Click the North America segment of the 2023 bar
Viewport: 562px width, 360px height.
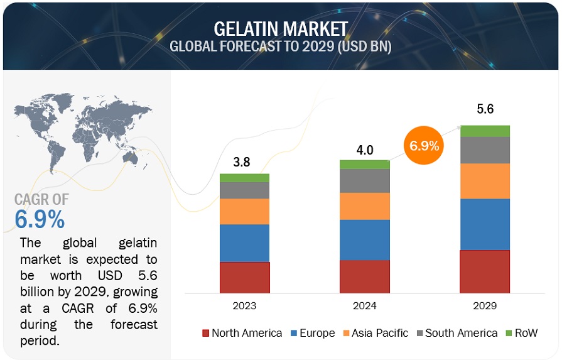pos(244,277)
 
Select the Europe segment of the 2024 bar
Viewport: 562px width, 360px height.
pos(364,239)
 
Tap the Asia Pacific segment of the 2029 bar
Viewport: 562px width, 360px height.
pos(485,181)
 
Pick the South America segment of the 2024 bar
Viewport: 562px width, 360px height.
pos(364,181)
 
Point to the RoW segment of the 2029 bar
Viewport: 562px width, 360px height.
pos(485,131)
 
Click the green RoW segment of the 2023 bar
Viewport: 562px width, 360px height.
pos(244,178)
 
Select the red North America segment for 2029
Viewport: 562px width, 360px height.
pos(485,271)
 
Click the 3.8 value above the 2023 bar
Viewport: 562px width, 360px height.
pos(242,162)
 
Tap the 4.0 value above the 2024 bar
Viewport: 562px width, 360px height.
pos(365,150)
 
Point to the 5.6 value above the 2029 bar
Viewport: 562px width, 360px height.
pos(485,109)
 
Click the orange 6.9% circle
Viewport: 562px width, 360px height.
pos(424,147)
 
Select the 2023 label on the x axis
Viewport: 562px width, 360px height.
pos(244,306)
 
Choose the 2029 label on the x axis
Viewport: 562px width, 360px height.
pos(485,306)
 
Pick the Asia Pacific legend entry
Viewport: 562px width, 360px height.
pos(376,333)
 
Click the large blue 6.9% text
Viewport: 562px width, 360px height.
pos(40,220)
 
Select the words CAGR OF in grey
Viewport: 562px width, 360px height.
pos(42,200)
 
